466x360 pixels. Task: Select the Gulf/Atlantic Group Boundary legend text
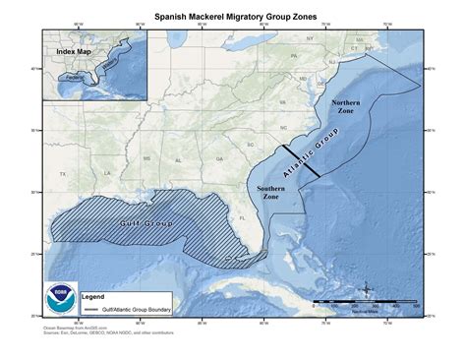(132, 307)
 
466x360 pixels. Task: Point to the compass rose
(366, 289)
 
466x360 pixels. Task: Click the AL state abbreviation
(179, 159)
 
